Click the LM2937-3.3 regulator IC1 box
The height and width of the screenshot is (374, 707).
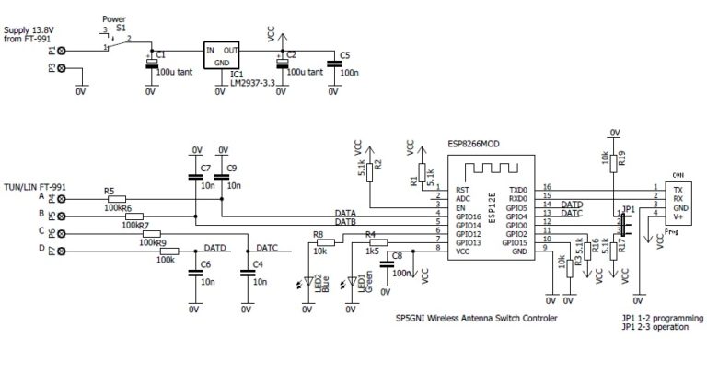222,55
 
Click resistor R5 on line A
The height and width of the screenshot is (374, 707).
115,198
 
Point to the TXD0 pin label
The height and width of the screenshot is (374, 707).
518,188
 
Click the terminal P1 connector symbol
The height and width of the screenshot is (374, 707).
62,52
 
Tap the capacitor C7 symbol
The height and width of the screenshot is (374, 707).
195,176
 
